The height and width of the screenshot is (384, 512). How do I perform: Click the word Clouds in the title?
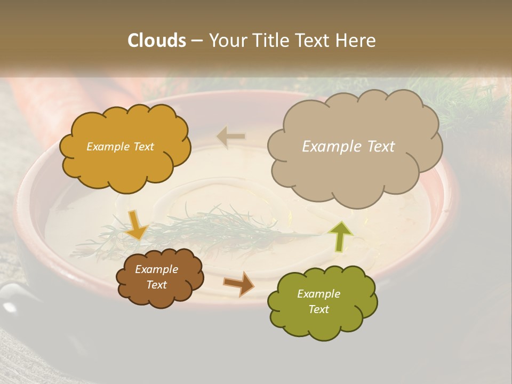pyautogui.click(x=157, y=41)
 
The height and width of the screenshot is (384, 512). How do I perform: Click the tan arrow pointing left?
pyautogui.click(x=231, y=137)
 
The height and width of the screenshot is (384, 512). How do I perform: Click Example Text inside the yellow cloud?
pyautogui.click(x=120, y=147)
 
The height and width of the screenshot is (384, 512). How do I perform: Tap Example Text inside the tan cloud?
pyautogui.click(x=348, y=146)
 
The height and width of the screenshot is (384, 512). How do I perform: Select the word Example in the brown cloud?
pyautogui.click(x=156, y=269)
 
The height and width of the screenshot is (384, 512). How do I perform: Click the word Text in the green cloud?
pyautogui.click(x=318, y=309)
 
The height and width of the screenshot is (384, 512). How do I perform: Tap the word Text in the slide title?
pyautogui.click(x=314, y=41)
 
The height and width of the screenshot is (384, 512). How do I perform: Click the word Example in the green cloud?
pyautogui.click(x=318, y=294)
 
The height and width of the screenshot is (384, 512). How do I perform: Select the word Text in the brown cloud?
pyautogui.click(x=156, y=285)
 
